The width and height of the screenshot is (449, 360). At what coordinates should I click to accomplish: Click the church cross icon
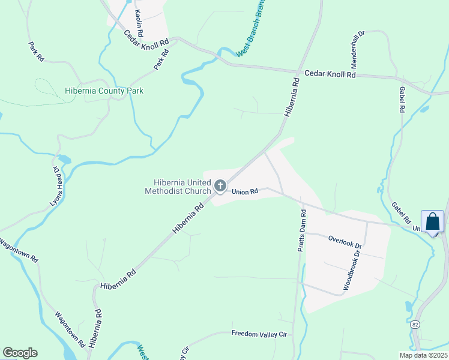click(220, 186)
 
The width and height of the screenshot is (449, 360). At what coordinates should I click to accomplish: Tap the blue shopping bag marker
click(432, 222)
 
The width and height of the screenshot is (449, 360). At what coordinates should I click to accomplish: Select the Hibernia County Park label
click(104, 91)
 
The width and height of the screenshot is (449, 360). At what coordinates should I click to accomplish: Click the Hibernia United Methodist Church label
click(178, 187)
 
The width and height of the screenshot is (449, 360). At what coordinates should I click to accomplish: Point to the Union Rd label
click(245, 191)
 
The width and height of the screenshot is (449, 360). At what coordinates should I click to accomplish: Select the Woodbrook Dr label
click(354, 271)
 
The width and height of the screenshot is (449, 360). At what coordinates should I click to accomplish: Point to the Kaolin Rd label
click(139, 22)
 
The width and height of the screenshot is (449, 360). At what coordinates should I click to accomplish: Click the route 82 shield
click(415, 325)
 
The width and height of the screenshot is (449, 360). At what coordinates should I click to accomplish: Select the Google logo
click(20, 353)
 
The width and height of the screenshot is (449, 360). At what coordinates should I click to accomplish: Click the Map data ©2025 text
click(423, 355)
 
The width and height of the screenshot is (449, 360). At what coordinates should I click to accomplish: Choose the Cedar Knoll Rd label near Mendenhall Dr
click(330, 74)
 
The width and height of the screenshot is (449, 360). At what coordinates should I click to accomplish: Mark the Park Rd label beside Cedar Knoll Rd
click(161, 59)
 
